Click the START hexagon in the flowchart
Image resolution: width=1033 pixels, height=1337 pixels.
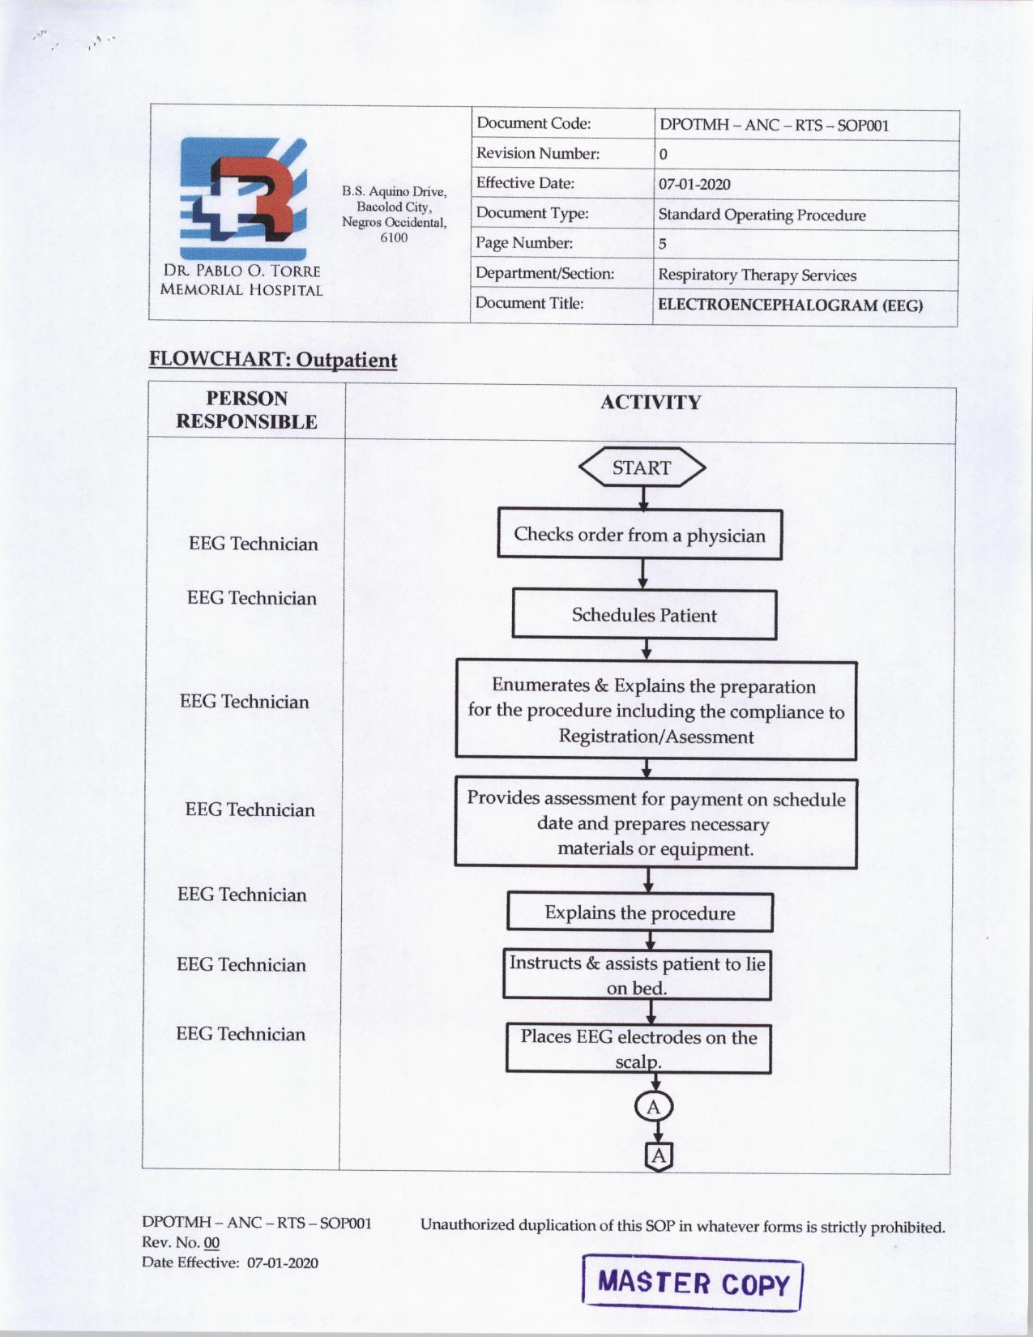[x=642, y=468]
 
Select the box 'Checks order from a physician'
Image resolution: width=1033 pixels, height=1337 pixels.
[x=639, y=535]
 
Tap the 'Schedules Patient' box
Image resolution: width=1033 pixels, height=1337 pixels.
[x=644, y=615]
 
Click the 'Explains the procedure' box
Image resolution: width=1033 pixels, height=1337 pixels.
[x=639, y=912]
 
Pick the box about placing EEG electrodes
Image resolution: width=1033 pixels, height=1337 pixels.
[x=638, y=1049]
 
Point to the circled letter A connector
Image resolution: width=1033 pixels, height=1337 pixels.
[x=654, y=1107]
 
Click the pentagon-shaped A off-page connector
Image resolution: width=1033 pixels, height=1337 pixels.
[x=659, y=1155]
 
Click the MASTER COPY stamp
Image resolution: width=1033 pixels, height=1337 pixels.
[x=693, y=1283]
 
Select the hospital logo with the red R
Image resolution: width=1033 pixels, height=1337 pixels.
[x=243, y=199]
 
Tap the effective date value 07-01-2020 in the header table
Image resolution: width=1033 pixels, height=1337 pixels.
[x=694, y=184]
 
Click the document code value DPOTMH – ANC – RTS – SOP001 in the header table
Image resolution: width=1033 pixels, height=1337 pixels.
[x=774, y=126]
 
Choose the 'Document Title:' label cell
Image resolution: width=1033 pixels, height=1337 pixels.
[x=529, y=303]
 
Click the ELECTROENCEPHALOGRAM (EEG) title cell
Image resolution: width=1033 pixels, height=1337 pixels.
[x=790, y=305]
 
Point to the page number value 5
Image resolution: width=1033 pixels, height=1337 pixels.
[x=663, y=244]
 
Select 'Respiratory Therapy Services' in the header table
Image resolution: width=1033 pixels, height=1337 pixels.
[x=757, y=276]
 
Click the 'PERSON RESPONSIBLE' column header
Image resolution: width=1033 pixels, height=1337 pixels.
[x=246, y=410]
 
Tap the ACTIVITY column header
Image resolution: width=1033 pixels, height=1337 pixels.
[x=650, y=403]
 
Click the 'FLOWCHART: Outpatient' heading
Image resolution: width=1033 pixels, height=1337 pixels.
[x=273, y=360]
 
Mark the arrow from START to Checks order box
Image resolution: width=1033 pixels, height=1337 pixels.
[x=643, y=498]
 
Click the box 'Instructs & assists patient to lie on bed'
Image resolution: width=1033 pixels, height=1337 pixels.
[x=637, y=975]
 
